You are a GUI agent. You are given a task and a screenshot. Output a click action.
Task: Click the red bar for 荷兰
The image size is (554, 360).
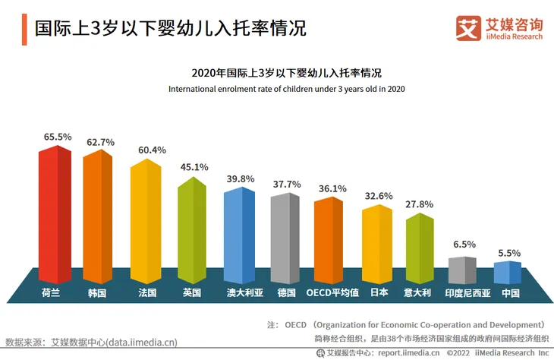pos(55,216)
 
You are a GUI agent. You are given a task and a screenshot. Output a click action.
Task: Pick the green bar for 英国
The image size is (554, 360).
pos(192,232)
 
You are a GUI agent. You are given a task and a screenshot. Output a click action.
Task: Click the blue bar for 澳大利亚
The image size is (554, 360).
pos(239,235)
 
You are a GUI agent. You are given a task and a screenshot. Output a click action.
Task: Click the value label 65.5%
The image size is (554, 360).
pos(58,137)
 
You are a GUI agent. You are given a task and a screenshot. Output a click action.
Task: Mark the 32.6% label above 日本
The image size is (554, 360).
pos(379,196)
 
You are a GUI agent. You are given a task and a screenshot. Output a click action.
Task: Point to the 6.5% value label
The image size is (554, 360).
pos(464,245)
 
